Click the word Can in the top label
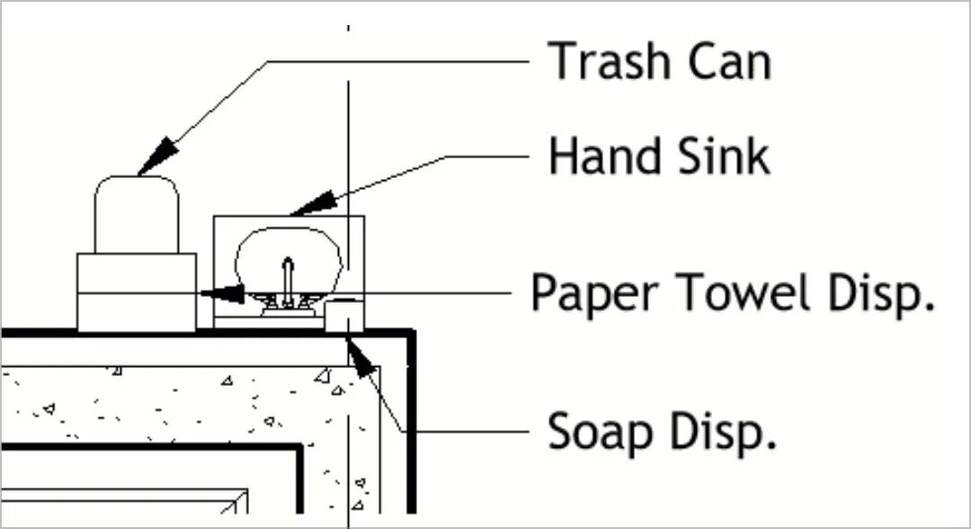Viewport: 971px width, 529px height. click(x=728, y=61)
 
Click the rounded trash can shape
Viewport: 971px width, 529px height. click(x=137, y=213)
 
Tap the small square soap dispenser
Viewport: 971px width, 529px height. click(x=343, y=317)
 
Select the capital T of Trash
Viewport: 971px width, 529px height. click(x=562, y=61)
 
